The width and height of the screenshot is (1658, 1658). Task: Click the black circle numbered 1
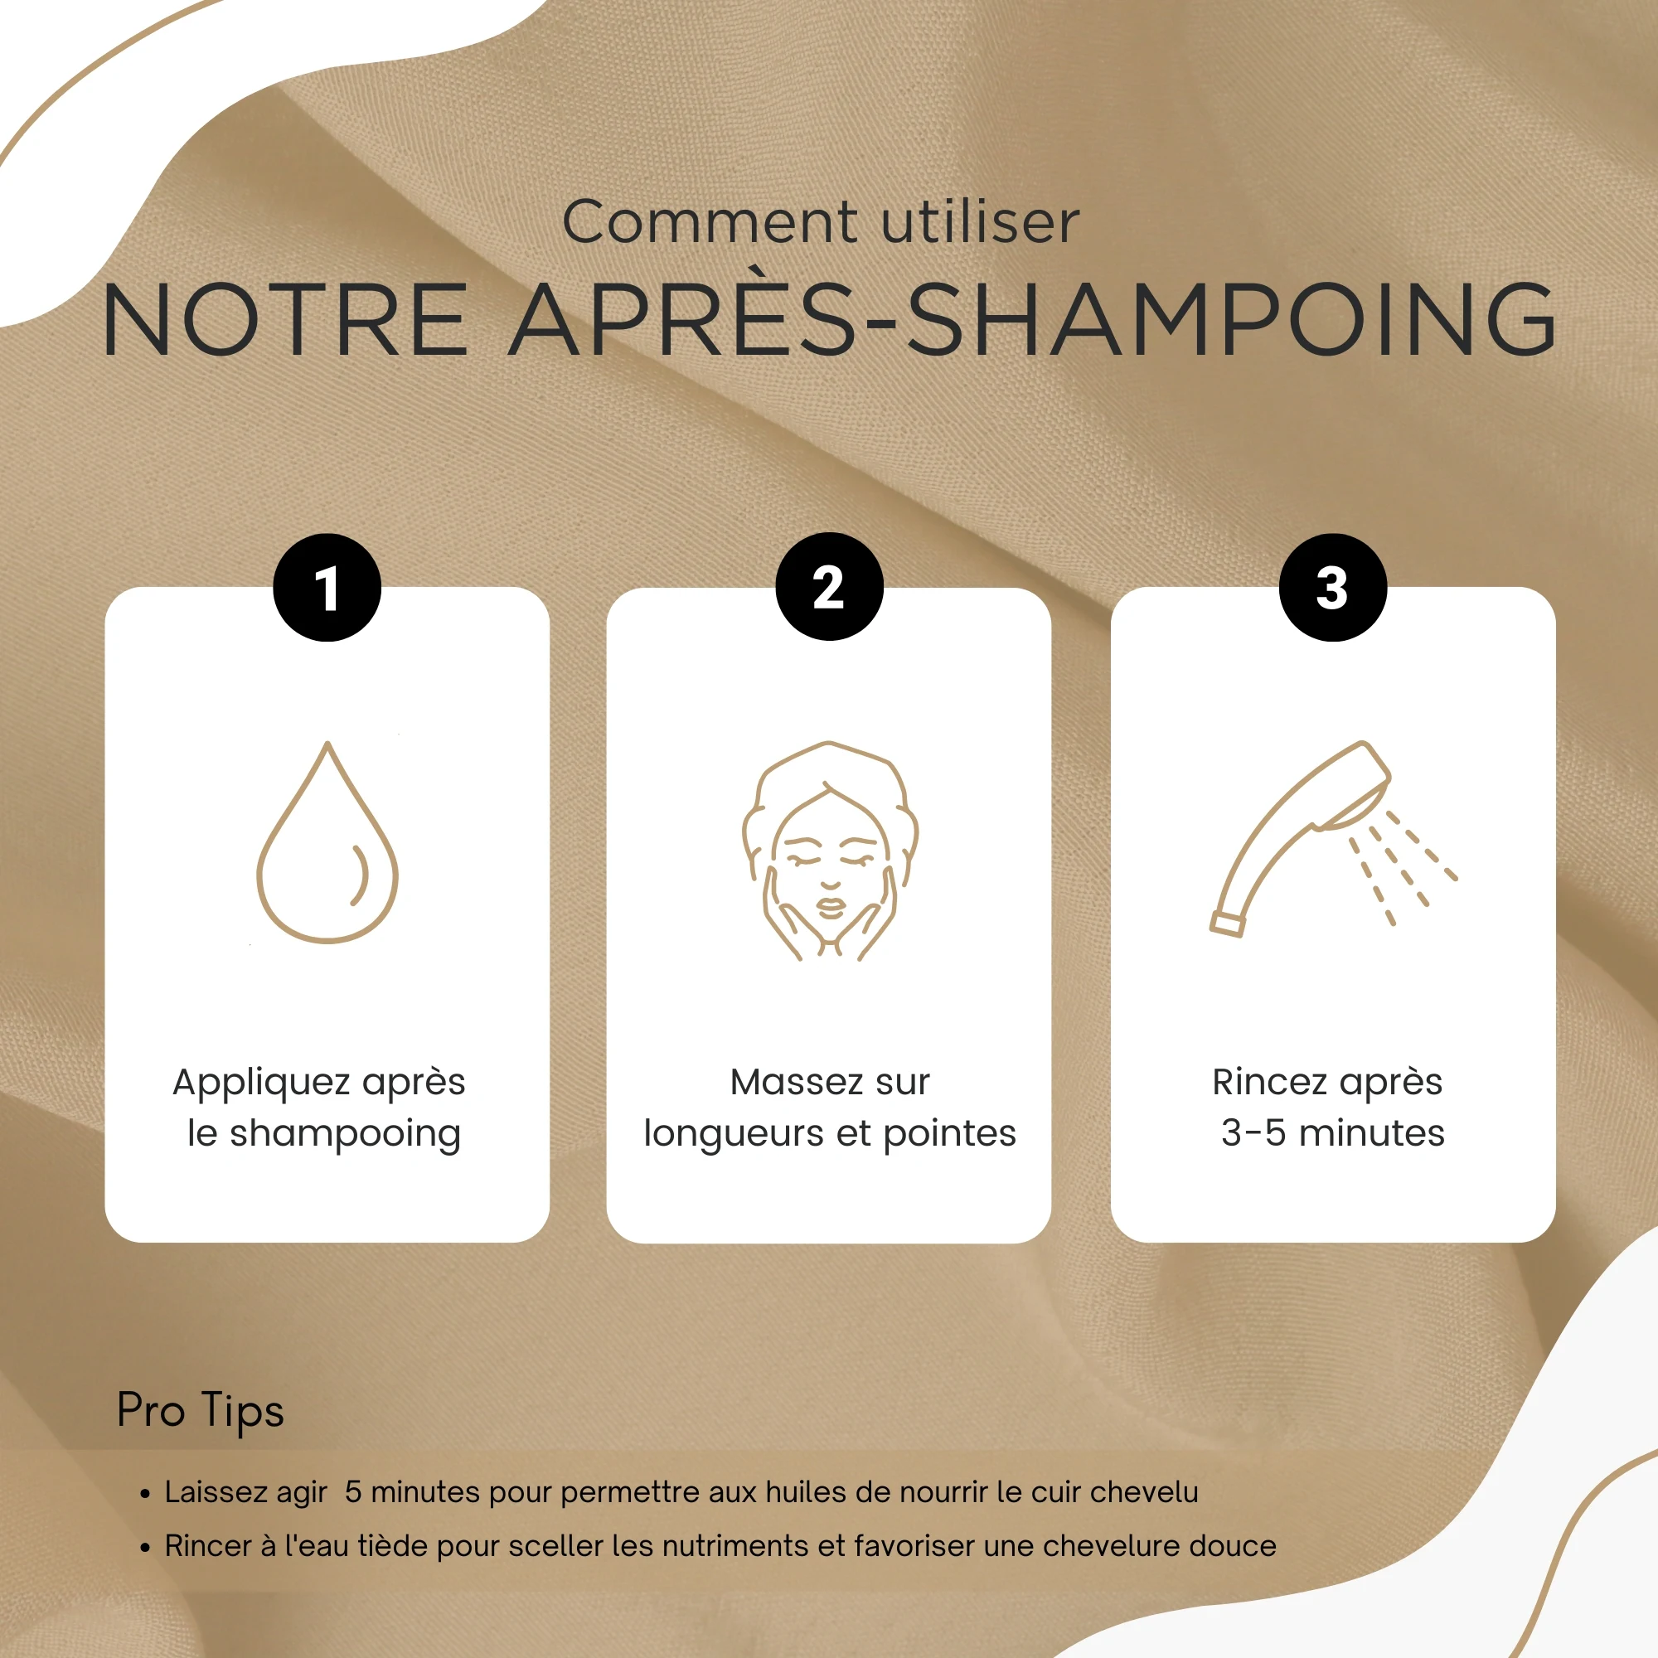[x=327, y=588]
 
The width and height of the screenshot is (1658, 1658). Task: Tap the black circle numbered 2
[x=829, y=587]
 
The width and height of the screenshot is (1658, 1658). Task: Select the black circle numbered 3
[x=1333, y=588]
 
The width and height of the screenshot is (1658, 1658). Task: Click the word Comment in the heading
[x=710, y=222]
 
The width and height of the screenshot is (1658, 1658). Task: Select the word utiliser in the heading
[x=980, y=222]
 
